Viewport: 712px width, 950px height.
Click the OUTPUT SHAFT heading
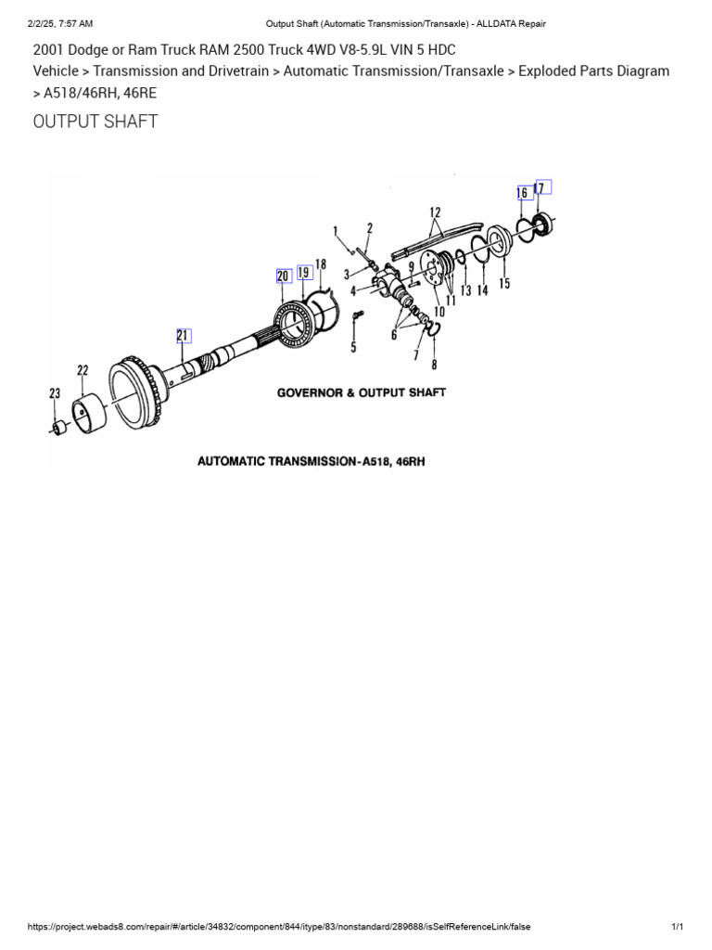click(x=95, y=122)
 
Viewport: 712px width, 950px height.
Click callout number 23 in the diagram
click(x=55, y=394)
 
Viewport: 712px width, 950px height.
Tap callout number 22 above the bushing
click(x=83, y=371)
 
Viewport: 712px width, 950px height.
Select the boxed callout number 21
click(x=184, y=336)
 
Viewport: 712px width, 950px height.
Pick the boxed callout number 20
click(x=284, y=276)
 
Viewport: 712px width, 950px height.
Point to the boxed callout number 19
click(x=304, y=273)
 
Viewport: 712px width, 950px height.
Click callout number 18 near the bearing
click(x=321, y=265)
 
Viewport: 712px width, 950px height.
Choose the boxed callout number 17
click(x=543, y=187)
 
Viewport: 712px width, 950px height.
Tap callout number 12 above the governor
click(x=434, y=212)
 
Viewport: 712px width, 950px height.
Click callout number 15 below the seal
click(x=504, y=284)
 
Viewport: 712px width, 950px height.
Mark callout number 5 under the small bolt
click(x=353, y=348)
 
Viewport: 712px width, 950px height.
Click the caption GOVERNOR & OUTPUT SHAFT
click(x=362, y=392)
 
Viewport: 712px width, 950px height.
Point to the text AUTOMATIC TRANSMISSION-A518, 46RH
click(x=311, y=460)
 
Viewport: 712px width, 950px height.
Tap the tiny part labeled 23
click(x=58, y=428)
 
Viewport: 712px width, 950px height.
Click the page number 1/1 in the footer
click(x=677, y=927)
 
